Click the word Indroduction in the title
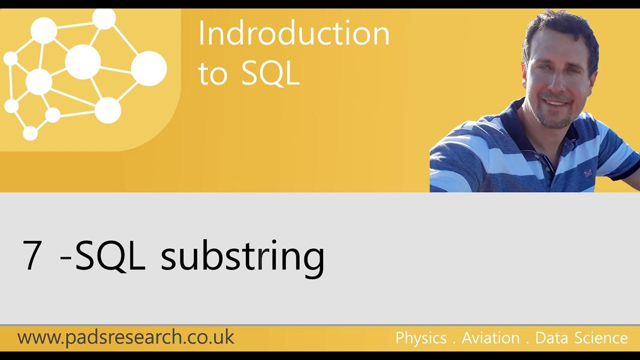[x=293, y=34]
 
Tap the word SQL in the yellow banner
[x=270, y=73]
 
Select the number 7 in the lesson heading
[x=32, y=255]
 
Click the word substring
[x=242, y=255]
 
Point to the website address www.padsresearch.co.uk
[x=125, y=337]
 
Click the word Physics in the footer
[x=420, y=338]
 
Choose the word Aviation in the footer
[x=490, y=338]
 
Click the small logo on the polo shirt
[x=588, y=173]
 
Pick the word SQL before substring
[x=110, y=255]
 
